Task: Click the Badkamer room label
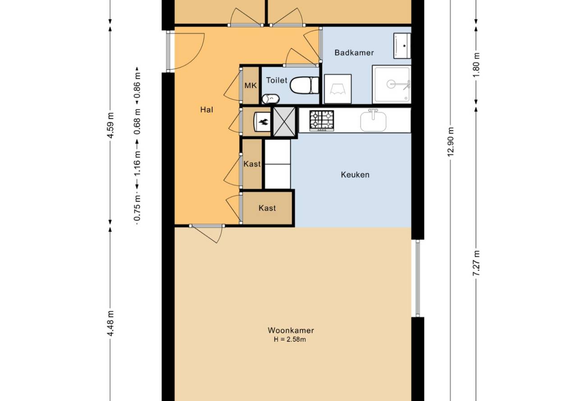[x=354, y=53]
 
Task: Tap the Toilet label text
[x=276, y=80]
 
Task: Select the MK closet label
[x=251, y=86]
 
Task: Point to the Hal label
[x=206, y=109]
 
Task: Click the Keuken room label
[x=355, y=174]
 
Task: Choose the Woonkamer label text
[x=291, y=330]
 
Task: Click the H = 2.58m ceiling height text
[x=290, y=339]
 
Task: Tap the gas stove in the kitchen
[x=322, y=120]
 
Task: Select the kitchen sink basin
[x=373, y=121]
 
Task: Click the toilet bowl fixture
[x=304, y=85]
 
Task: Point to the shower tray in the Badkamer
[x=391, y=84]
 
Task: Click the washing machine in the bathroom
[x=338, y=89]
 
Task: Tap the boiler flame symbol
[x=263, y=122]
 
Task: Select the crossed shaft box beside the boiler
[x=284, y=122]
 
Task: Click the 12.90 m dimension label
[x=450, y=142]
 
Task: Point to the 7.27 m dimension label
[x=476, y=263]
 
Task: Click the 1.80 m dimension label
[x=476, y=65]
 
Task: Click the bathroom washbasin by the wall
[x=402, y=46]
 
